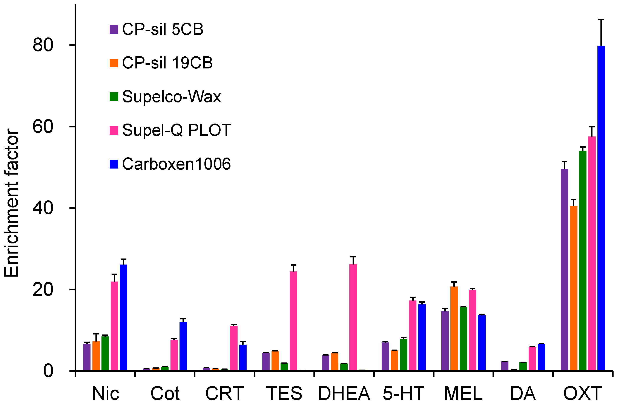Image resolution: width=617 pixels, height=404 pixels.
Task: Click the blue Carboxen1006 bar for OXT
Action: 601,207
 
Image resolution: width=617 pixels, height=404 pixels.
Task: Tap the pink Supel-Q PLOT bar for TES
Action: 293,321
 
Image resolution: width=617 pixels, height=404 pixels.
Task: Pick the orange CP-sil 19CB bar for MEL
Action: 454,328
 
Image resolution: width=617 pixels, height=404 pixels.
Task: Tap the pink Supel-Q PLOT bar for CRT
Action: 233,348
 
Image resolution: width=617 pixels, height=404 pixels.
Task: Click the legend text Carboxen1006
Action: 176,164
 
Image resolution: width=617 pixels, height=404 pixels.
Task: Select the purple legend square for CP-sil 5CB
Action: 114,29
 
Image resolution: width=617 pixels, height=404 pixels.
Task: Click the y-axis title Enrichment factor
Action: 12,202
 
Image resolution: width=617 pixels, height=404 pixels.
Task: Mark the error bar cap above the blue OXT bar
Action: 601,19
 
